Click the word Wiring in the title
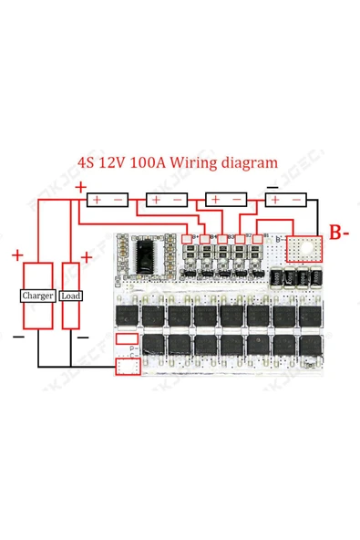pos(198,165)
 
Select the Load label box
pos(70,296)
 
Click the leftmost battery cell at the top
pos(108,199)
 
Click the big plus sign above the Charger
pos(19,254)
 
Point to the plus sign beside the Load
pos(86,258)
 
